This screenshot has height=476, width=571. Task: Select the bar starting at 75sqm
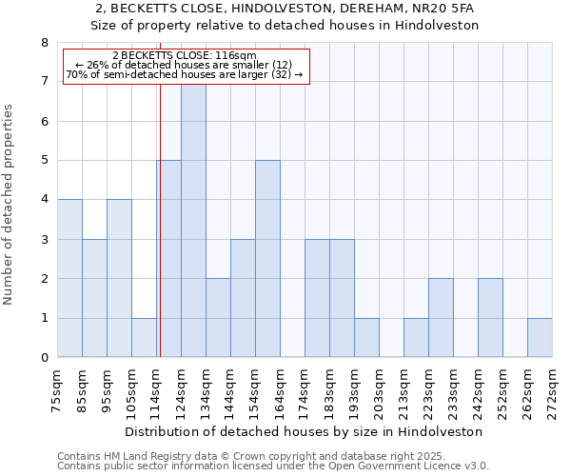click(x=69, y=278)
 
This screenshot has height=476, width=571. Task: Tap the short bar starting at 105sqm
click(x=144, y=338)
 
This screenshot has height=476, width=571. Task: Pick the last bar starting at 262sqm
click(x=540, y=338)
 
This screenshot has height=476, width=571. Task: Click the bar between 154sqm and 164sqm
click(x=267, y=259)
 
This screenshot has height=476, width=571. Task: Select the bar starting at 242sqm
click(x=490, y=318)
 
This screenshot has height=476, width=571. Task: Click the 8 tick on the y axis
click(x=44, y=43)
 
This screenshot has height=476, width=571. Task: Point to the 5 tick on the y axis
click(x=44, y=161)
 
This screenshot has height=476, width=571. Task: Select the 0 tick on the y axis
click(x=44, y=358)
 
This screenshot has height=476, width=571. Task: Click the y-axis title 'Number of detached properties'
click(x=10, y=205)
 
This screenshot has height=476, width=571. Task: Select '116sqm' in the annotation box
click(x=237, y=56)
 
